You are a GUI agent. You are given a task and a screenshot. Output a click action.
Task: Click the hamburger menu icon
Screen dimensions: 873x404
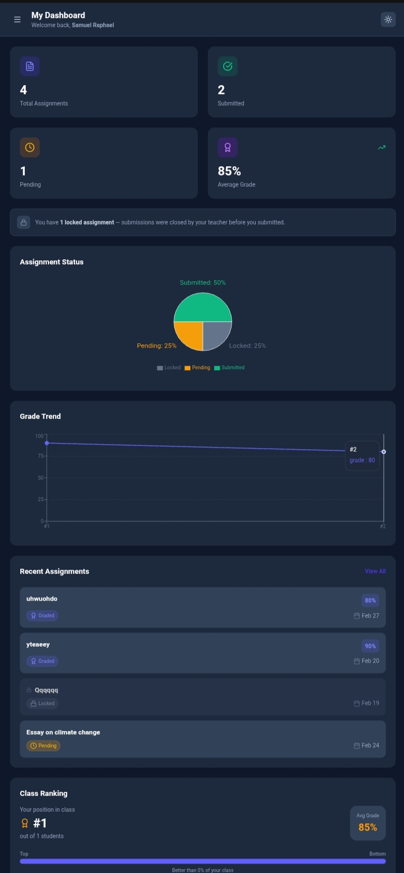point(17,20)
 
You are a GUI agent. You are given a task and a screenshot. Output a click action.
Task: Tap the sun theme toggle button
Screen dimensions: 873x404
point(388,19)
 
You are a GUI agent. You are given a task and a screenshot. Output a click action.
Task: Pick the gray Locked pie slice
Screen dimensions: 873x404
point(216,334)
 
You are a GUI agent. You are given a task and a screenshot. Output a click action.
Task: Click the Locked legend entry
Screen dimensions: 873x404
point(169,367)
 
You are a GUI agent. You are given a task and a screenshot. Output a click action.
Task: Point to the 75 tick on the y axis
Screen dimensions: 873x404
point(41,456)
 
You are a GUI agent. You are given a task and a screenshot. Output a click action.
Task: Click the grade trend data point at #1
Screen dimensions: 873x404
point(47,443)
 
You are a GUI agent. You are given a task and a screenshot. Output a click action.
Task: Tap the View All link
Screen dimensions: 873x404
point(375,571)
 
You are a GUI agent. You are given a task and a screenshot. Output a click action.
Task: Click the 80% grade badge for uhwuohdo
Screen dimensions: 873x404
point(370,600)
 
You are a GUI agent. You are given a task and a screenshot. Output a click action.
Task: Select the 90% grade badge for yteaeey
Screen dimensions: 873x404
point(370,646)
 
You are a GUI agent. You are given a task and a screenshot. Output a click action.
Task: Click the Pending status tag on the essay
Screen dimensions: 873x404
point(43,746)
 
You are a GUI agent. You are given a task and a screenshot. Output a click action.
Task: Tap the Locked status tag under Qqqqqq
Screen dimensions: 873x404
point(42,703)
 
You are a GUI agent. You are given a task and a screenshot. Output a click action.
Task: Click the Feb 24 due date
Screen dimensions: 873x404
point(367,745)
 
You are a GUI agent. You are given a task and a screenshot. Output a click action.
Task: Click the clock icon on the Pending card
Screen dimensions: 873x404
point(30,147)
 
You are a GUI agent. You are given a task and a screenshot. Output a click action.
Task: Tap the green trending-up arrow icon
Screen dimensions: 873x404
point(381,148)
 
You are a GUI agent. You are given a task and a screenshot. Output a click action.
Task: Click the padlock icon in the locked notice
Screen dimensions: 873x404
point(24,222)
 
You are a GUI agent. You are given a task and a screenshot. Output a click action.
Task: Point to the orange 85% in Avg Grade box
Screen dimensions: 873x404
point(367,827)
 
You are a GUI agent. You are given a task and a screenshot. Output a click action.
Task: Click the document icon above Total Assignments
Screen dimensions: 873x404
point(30,66)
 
